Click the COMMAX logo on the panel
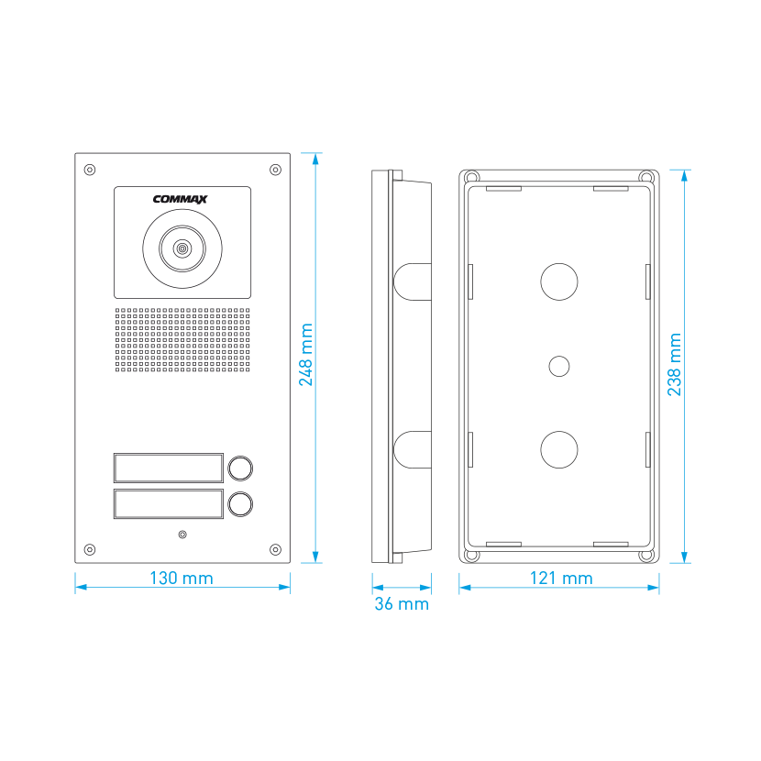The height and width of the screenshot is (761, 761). click(x=180, y=199)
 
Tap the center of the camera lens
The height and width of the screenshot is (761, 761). click(x=182, y=249)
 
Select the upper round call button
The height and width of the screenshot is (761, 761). click(x=240, y=469)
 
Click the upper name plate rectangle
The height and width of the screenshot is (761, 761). click(x=169, y=468)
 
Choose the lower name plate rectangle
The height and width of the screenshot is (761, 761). click(x=169, y=503)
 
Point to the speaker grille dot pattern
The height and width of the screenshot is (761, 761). click(x=182, y=340)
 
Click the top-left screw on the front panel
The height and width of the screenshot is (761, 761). click(x=89, y=170)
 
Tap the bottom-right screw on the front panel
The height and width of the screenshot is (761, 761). click(x=275, y=549)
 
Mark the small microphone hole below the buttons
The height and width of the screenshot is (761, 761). click(x=182, y=535)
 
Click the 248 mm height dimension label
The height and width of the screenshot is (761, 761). click(x=305, y=355)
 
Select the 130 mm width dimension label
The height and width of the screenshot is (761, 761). click(x=182, y=578)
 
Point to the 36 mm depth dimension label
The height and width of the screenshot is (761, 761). click(x=402, y=603)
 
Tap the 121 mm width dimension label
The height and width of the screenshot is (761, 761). click(x=561, y=578)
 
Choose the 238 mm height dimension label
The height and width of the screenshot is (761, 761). click(x=675, y=365)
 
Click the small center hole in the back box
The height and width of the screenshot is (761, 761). click(x=559, y=366)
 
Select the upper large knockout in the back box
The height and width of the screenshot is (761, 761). click(x=559, y=281)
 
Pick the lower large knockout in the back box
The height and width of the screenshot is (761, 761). click(x=559, y=449)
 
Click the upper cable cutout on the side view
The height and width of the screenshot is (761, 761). click(x=413, y=282)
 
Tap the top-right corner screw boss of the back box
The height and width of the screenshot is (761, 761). click(x=646, y=176)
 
